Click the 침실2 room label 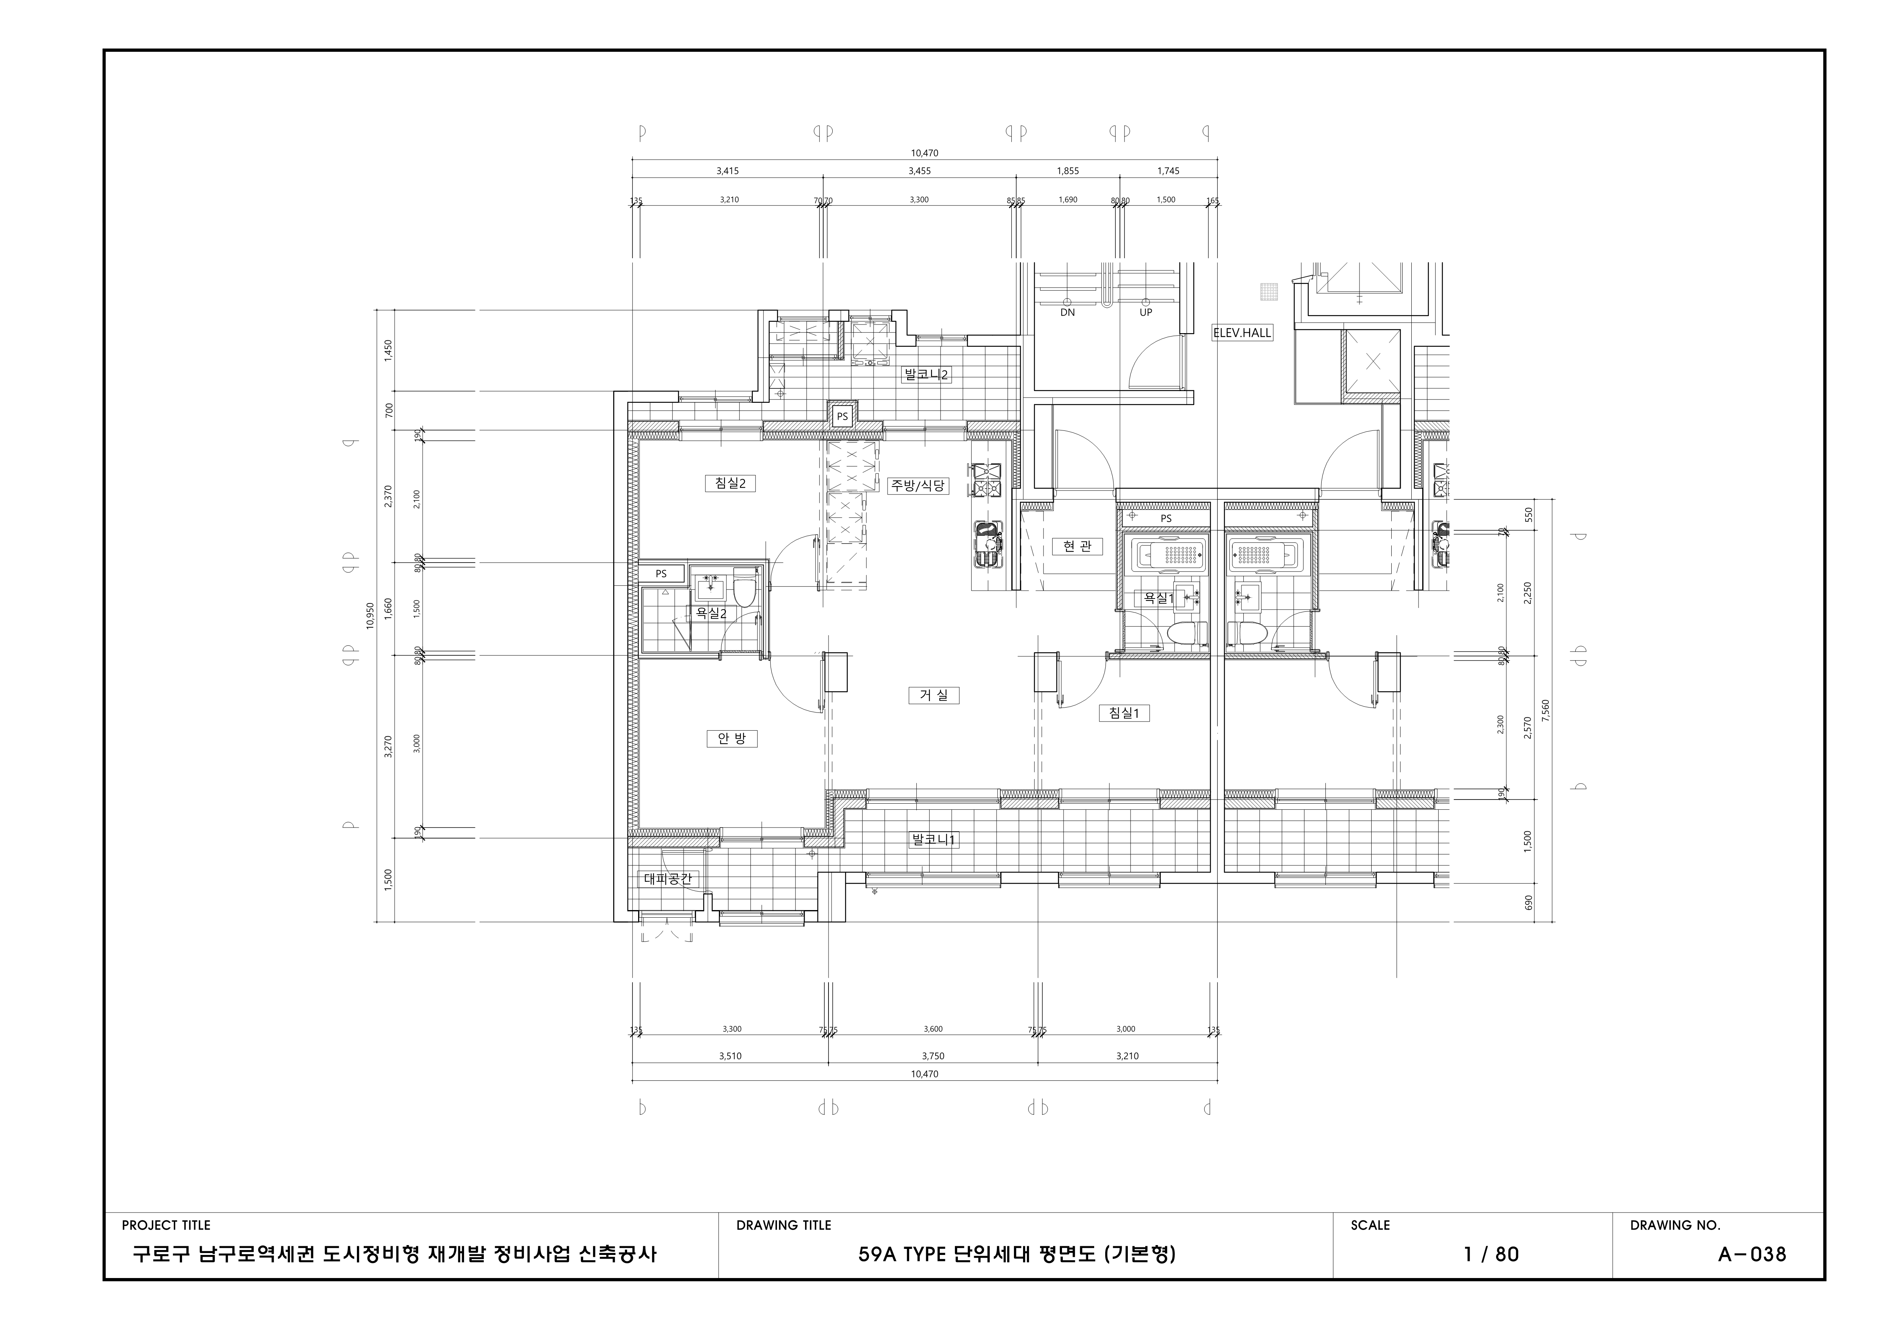pos(730,483)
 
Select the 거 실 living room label pos(933,695)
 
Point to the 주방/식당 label pos(919,485)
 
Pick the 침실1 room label pos(1124,714)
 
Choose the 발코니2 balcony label pos(926,375)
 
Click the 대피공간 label pos(667,879)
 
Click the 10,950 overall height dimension pos(370,615)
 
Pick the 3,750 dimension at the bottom pos(933,1056)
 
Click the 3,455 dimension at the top pos(919,171)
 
